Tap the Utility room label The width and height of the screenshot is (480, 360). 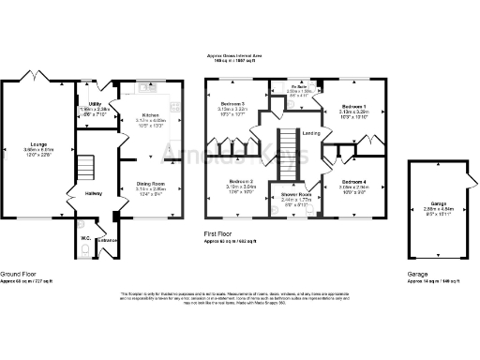(x=95, y=104)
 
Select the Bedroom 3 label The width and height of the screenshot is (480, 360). (x=232, y=104)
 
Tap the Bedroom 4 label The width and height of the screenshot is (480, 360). (x=354, y=181)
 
